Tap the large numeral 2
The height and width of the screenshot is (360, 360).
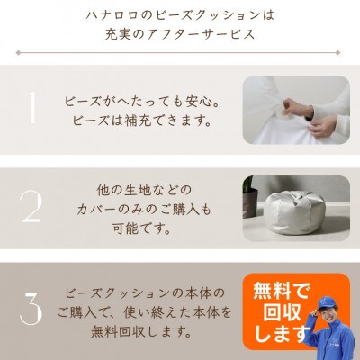(x=31, y=208)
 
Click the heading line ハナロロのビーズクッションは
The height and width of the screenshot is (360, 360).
(x=179, y=16)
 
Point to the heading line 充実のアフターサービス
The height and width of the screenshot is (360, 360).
(x=179, y=36)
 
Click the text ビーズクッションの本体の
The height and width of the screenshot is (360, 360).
(x=149, y=293)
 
